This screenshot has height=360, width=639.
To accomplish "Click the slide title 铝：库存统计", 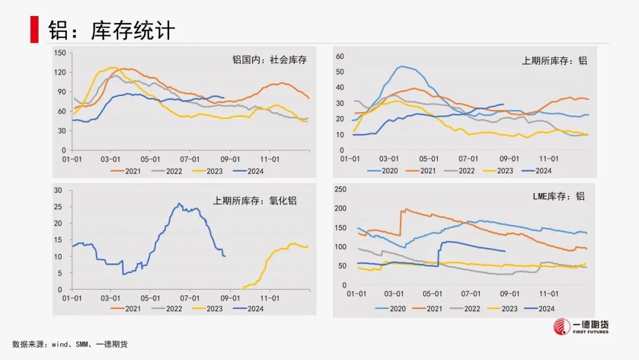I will pos(112,30).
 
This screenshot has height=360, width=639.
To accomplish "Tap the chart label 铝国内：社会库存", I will pos(269,60).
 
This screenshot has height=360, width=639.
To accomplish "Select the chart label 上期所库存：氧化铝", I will pos(255,201).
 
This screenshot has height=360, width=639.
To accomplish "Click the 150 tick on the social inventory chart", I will pos(59,53).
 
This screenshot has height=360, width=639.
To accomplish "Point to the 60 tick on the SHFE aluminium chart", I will pos(340,56).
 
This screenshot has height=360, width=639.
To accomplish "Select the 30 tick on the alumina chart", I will pos(58,190).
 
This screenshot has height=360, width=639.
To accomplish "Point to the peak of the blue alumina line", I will pos(179,204).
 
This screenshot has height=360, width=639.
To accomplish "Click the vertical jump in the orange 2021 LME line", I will pos(402,223).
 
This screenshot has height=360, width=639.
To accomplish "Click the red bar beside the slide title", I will pos(34,30).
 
